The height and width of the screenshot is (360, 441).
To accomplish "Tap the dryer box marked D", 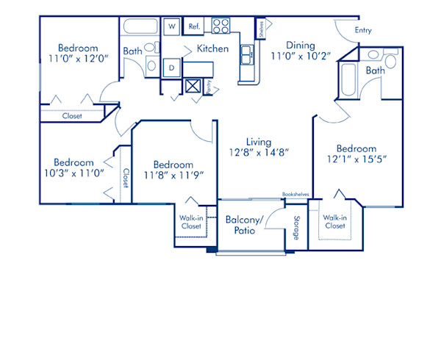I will pyautogui.click(x=171, y=68).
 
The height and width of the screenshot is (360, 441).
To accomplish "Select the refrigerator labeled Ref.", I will pyautogui.click(x=195, y=26).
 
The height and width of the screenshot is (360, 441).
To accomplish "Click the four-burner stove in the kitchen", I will pyautogui.click(x=221, y=26).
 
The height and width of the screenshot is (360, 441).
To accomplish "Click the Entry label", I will pyautogui.click(x=362, y=31).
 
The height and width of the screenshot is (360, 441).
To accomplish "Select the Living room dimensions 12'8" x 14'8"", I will pyautogui.click(x=259, y=153).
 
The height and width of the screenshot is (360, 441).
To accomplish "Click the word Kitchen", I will pyautogui.click(x=212, y=48).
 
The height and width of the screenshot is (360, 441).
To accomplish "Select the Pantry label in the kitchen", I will pyautogui.click(x=208, y=87).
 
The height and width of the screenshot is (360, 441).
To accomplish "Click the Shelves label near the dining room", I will pyautogui.click(x=262, y=29).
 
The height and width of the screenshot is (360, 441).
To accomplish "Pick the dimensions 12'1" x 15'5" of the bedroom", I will pyautogui.click(x=356, y=159).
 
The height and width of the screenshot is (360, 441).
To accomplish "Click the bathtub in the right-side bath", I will pyautogui.click(x=348, y=81).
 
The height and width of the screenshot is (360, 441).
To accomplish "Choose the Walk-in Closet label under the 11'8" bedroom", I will pyautogui.click(x=192, y=222).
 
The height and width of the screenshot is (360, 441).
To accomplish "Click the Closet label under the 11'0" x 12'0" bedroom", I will pyautogui.click(x=72, y=116).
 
